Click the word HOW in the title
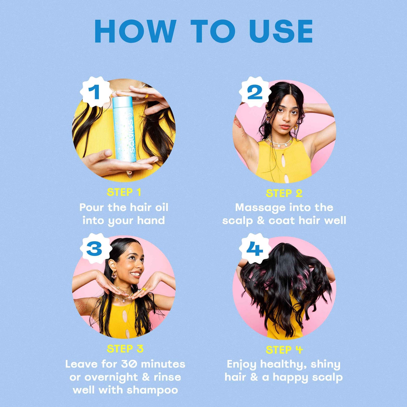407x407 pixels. (x=135, y=31)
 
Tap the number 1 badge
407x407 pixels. (x=94, y=92)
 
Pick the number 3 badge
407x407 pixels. (x=94, y=249)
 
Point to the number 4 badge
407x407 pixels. (x=255, y=249)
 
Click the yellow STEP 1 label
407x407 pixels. (x=124, y=192)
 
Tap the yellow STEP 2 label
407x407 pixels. (x=284, y=194)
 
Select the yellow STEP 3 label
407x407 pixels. (x=125, y=349)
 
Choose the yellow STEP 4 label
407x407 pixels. (x=284, y=350)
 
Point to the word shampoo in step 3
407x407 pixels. (x=152, y=390)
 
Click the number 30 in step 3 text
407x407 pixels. (x=130, y=364)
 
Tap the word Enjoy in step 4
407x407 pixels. (x=241, y=364)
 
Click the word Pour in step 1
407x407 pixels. (x=92, y=207)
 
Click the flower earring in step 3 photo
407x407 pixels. (x=114, y=275)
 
